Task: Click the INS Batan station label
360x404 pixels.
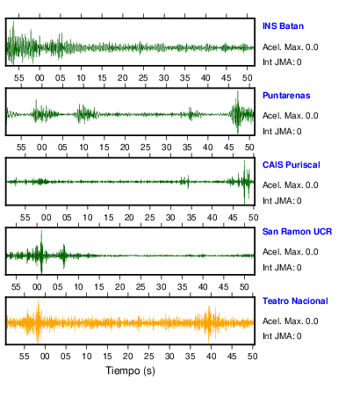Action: click(x=283, y=26)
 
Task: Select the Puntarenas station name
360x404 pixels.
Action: click(x=286, y=96)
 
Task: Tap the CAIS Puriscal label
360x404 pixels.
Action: click(x=292, y=165)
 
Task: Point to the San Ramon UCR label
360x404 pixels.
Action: click(x=297, y=232)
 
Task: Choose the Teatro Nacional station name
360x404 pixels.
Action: click(x=295, y=301)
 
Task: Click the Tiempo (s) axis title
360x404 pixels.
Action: click(x=130, y=371)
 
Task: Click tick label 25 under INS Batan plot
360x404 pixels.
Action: click(x=143, y=78)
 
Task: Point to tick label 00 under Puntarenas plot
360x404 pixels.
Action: click(x=42, y=147)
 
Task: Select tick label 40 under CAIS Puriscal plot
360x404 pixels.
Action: click(x=212, y=218)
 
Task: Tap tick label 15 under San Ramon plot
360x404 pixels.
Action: click(x=99, y=286)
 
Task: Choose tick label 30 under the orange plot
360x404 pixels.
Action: click(x=169, y=357)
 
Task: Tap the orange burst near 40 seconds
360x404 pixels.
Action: click(x=209, y=323)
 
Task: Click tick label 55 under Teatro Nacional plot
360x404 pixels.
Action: click(x=24, y=357)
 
